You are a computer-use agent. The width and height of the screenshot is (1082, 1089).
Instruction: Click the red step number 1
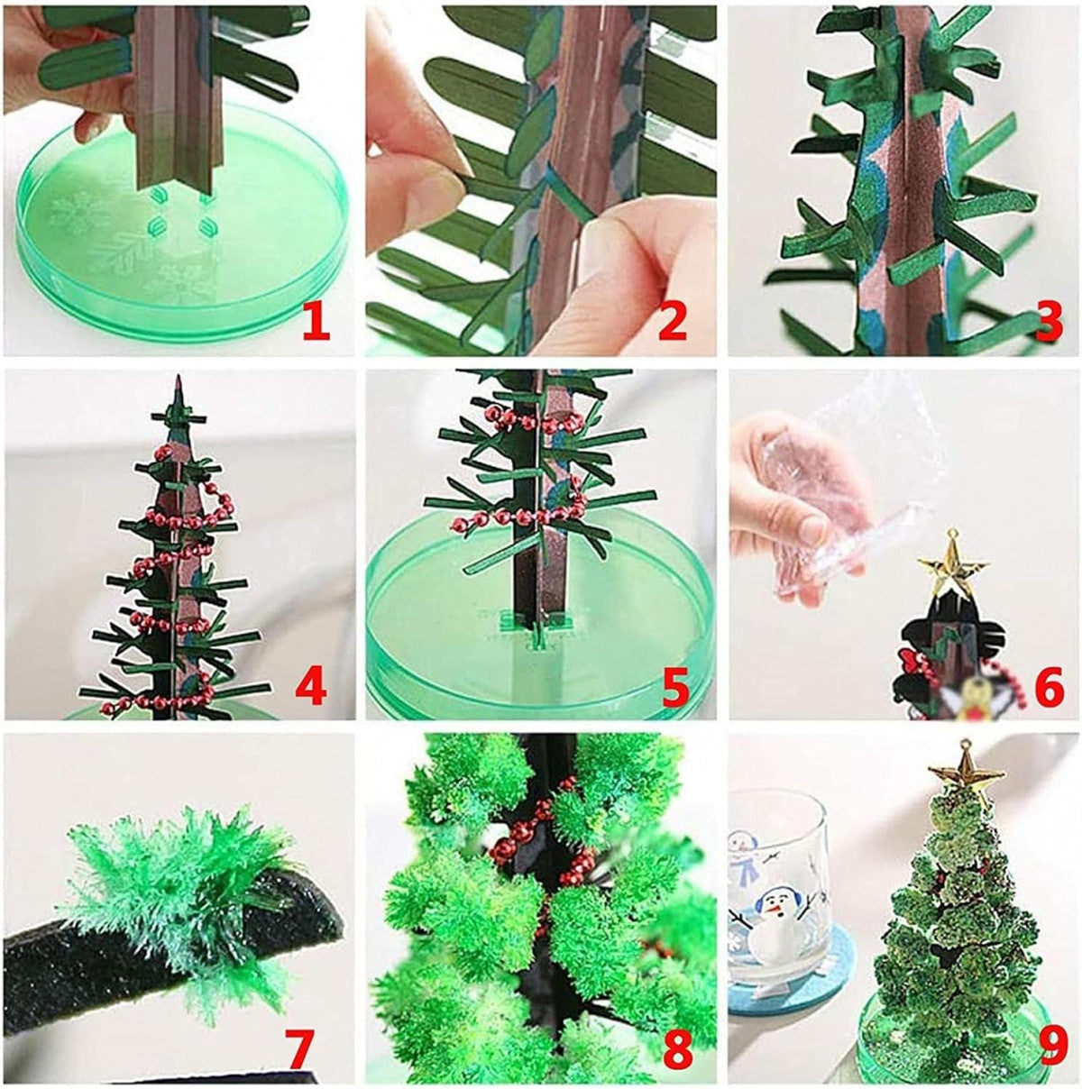(x=316, y=322)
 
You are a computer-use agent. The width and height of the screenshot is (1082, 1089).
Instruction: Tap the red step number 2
(x=672, y=322)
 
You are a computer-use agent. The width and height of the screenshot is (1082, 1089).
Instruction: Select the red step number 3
(x=1047, y=322)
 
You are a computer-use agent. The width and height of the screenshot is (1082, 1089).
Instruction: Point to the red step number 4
(x=310, y=687)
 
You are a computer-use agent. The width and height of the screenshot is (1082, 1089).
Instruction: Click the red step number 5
(x=675, y=687)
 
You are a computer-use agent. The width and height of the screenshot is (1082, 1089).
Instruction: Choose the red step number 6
(x=1048, y=687)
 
